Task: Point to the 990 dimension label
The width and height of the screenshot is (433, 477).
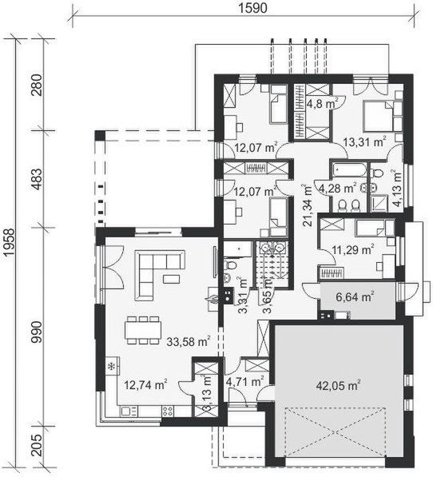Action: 35,328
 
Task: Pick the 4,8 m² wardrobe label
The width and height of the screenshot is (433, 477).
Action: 322,102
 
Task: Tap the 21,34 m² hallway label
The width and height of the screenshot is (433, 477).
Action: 308,205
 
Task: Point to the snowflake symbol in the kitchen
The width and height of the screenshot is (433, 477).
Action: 111,367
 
